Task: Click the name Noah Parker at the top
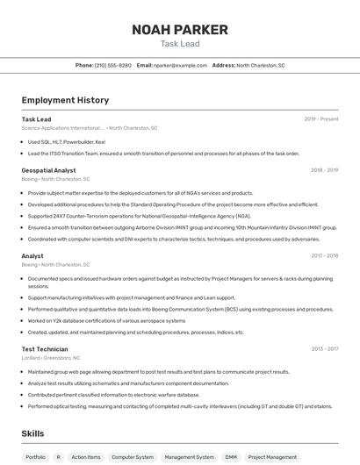point(179,30)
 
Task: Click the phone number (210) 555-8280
point(112,65)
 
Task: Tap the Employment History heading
point(65,100)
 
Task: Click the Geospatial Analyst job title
point(48,170)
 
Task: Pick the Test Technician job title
point(45,348)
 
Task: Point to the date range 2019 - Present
point(320,118)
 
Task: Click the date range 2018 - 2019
point(324,170)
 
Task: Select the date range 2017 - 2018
point(324,255)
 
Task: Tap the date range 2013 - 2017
point(324,348)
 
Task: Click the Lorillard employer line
point(50,358)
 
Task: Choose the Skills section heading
point(33,433)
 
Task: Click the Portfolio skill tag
point(35,457)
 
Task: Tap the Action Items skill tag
point(86,457)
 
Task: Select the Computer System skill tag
point(133,457)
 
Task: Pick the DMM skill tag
point(231,457)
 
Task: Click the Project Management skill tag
point(272,457)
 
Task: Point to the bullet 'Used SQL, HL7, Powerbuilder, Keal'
point(66,141)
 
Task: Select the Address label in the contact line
point(223,65)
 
